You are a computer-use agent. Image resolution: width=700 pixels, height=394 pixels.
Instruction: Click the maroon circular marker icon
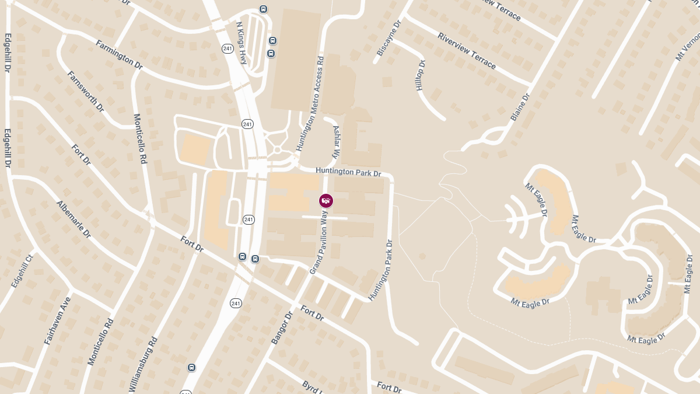326,201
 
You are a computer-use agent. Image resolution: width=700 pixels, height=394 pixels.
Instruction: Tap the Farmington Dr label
119,54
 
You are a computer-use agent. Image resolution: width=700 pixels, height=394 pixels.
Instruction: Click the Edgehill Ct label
23,270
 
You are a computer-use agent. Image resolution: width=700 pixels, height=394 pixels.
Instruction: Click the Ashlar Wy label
336,142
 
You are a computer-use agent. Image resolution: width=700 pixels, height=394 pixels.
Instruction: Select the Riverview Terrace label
467,50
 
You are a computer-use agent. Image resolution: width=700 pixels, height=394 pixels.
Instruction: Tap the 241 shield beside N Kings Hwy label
228,48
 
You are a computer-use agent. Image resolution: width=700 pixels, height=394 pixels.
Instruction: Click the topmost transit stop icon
264,9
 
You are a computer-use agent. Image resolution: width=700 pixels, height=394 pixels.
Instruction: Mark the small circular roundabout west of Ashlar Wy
277,150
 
